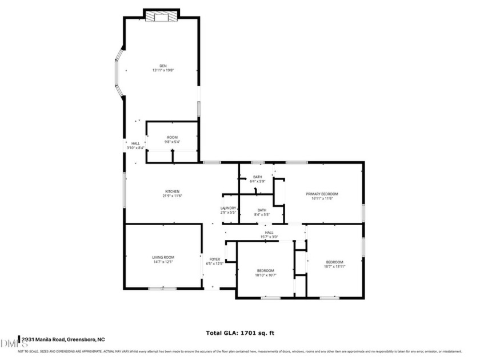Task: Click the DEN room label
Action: pos(163,65)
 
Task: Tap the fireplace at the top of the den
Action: pos(161,17)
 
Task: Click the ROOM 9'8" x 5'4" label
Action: pos(172,137)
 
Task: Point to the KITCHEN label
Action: pos(173,191)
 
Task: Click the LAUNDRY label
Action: pos(229,208)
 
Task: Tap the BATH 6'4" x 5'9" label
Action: pos(257,177)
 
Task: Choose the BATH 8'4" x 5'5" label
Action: pos(262,210)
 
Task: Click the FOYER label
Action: pos(215,259)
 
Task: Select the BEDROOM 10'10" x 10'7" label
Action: pos(265,270)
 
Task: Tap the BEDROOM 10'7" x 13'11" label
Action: pos(334,262)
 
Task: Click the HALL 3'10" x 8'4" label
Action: pos(135,143)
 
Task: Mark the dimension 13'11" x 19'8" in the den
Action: pos(163,70)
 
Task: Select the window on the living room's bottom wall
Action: pos(162,289)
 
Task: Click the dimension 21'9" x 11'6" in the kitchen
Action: pos(173,196)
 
